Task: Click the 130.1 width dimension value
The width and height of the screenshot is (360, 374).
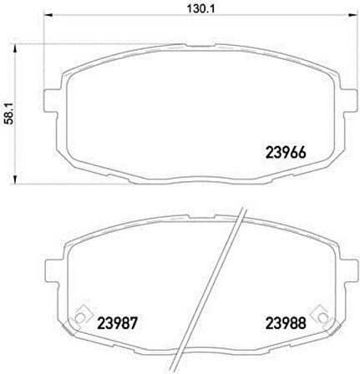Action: pos(200,8)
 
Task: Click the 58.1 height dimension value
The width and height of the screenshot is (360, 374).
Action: pos(10,114)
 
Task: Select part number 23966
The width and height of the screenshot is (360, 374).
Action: pos(286,153)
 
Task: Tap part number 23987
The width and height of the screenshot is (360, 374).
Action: pos(118,323)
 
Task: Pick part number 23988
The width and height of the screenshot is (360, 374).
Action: pos(286,323)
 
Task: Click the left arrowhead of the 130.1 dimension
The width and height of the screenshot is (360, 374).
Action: pos(48,15)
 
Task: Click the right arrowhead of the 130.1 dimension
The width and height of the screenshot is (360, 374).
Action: pos(352,15)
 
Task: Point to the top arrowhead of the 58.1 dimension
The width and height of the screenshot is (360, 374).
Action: pos(15,50)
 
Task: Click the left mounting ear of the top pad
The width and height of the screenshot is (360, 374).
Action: pos(52,101)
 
